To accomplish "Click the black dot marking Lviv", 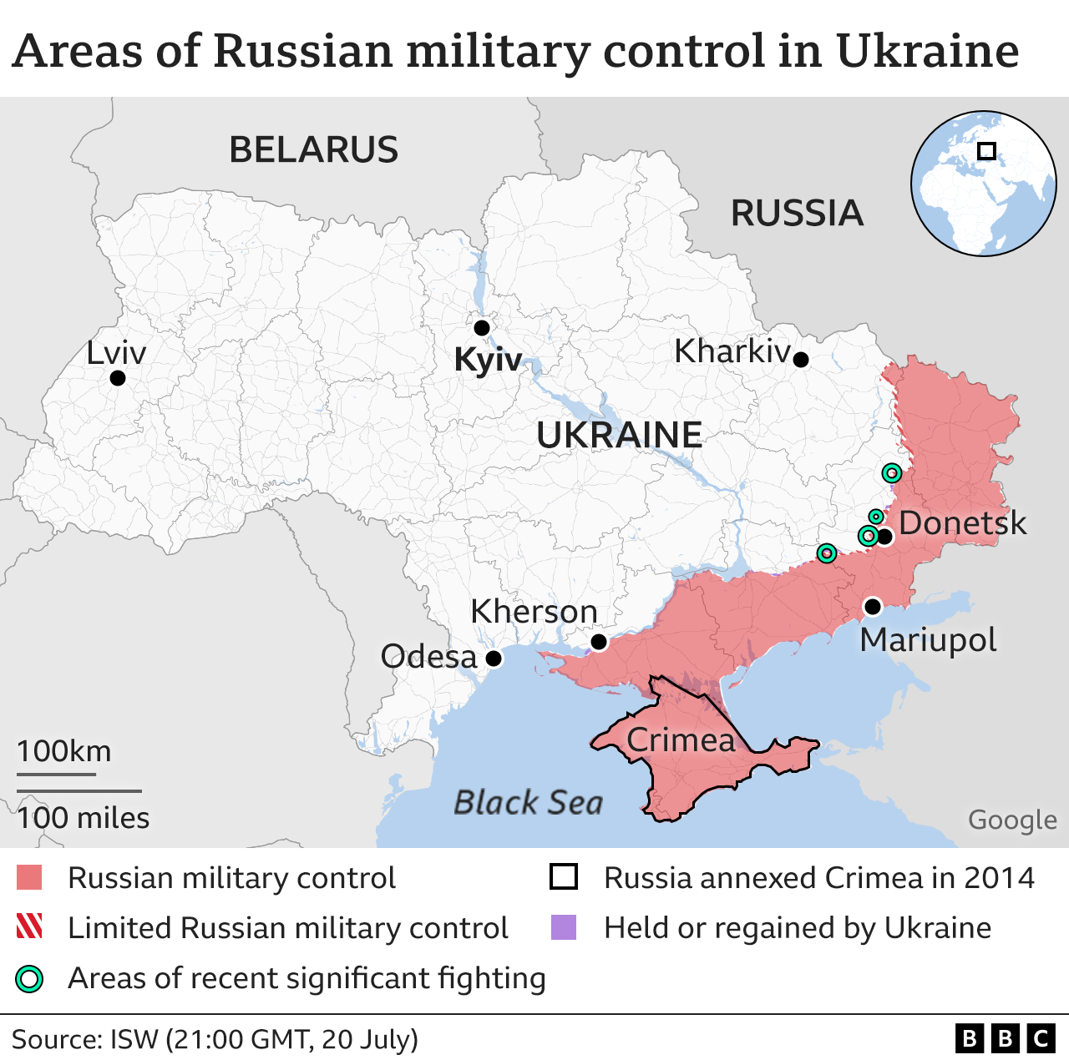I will tap(118, 378).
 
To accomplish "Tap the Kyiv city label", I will tap(488, 360).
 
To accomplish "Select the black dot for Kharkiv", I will tap(800, 360).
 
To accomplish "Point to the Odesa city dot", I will tap(494, 659).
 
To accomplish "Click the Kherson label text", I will tap(534, 612).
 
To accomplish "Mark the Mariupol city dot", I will tap(872, 607).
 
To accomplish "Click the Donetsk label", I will tap(962, 523).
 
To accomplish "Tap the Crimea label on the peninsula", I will tap(681, 739).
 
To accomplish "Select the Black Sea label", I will tap(528, 803).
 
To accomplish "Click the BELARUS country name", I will tap(314, 150).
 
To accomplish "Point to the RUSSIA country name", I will tap(797, 214).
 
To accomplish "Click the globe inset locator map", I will tap(983, 183).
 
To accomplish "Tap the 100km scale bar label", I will tap(64, 751).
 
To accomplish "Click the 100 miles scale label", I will tap(84, 818).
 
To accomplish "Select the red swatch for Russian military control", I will tap(29, 878).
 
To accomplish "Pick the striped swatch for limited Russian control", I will tap(29, 927).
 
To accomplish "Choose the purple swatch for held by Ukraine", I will tap(564, 927).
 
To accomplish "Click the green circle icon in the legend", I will tap(29, 978).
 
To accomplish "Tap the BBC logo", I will tap(1005, 1038).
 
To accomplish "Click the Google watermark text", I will tap(1012, 820).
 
